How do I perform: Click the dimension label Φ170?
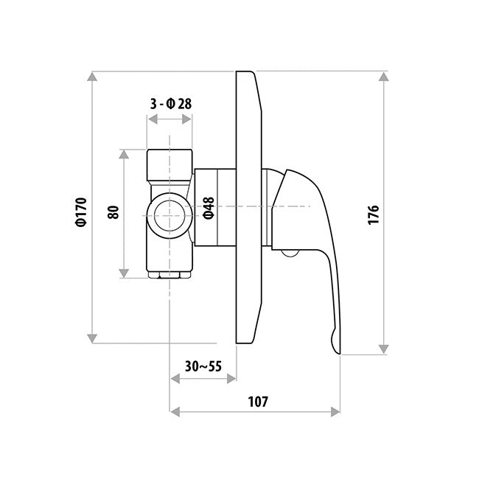pos(82,212)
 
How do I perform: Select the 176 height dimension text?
pos(373,215)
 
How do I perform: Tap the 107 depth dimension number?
pos(258,402)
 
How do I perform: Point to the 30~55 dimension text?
pos(203,366)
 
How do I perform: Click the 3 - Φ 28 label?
pos(171,104)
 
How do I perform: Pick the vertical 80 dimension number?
pos(113,212)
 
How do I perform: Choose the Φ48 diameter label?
pos(209,208)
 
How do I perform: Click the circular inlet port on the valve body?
pos(169,216)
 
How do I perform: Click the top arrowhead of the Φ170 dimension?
pos(92,77)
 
